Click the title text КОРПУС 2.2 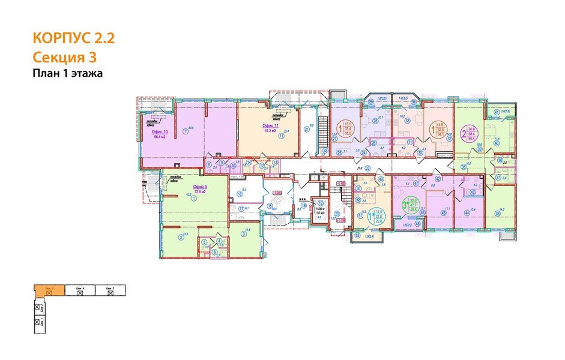[73, 39]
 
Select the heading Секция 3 [65, 58]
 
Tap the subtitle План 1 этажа [68, 74]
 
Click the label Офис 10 [159, 131]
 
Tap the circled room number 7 [186, 132]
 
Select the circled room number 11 [280, 136]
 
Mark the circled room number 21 [306, 128]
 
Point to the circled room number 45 [444, 212]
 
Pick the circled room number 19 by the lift [320, 203]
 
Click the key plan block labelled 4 [78, 289]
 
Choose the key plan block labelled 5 [109, 289]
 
